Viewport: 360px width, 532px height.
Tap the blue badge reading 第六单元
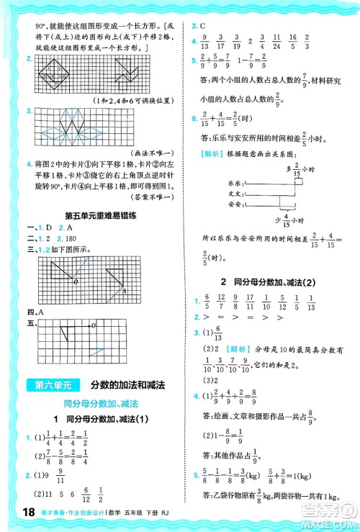[45, 387]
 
